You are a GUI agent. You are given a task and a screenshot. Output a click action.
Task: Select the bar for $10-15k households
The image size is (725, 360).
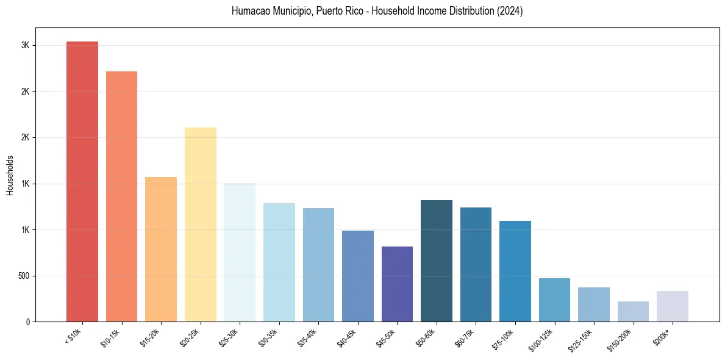[x=121, y=196]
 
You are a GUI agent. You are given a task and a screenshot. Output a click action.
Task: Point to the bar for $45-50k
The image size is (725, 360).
[x=397, y=284]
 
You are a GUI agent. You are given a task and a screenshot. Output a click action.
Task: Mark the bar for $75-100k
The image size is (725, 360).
[x=515, y=271]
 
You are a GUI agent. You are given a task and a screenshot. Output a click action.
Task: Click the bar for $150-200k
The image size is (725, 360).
[x=633, y=311]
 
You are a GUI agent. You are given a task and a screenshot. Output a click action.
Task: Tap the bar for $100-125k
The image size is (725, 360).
[x=554, y=300]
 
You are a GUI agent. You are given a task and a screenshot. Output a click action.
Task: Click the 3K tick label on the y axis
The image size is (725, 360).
[x=25, y=46]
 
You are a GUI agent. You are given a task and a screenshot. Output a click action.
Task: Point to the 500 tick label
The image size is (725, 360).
[x=23, y=276]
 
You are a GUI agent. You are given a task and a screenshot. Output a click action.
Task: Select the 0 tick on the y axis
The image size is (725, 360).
[x=27, y=322]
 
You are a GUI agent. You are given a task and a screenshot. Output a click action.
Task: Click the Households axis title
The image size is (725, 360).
[x=10, y=175]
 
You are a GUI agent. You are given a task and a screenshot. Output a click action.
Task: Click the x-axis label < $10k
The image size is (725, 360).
[x=74, y=337]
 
